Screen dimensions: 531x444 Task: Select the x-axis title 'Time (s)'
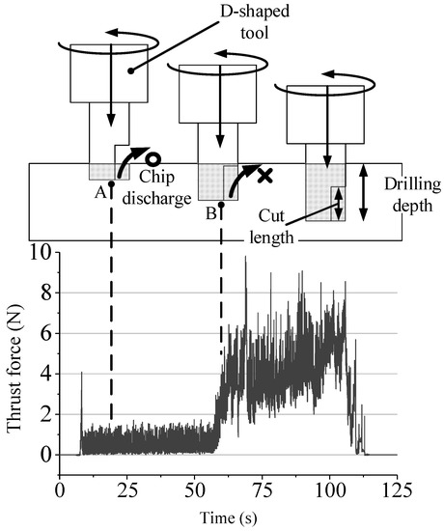[229, 518]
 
